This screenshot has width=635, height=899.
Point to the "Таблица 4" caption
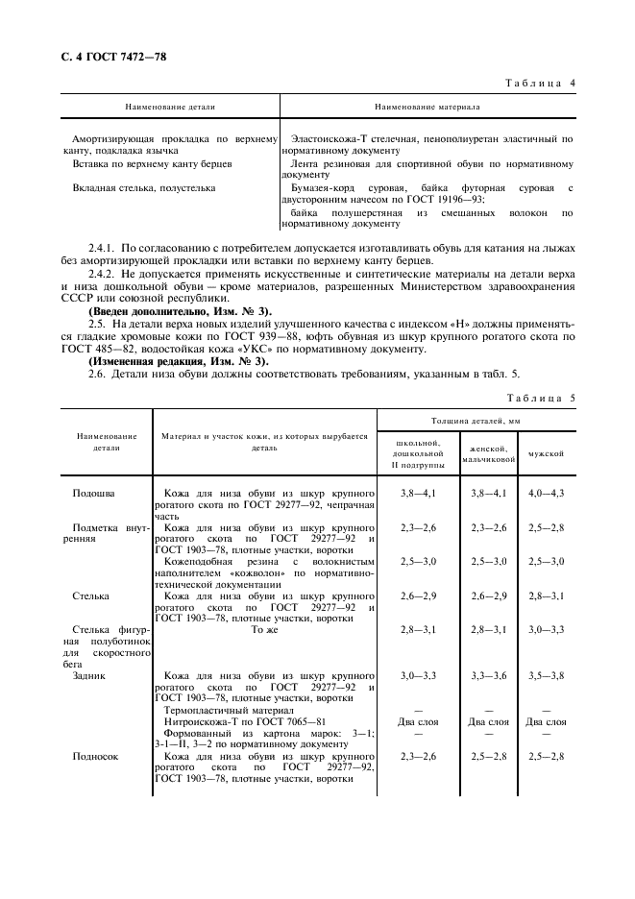[x=541, y=84]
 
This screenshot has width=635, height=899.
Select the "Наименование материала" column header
[x=427, y=109]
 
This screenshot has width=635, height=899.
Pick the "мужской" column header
[x=546, y=452]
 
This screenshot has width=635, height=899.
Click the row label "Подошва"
[x=94, y=493]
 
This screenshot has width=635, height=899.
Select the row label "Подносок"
[x=95, y=756]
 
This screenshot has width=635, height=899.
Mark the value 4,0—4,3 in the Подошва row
[x=547, y=493]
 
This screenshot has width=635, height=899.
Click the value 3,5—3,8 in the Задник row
[x=547, y=675]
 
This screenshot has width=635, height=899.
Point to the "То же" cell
[x=264, y=629]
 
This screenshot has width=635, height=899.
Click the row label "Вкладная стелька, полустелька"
[x=144, y=187]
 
